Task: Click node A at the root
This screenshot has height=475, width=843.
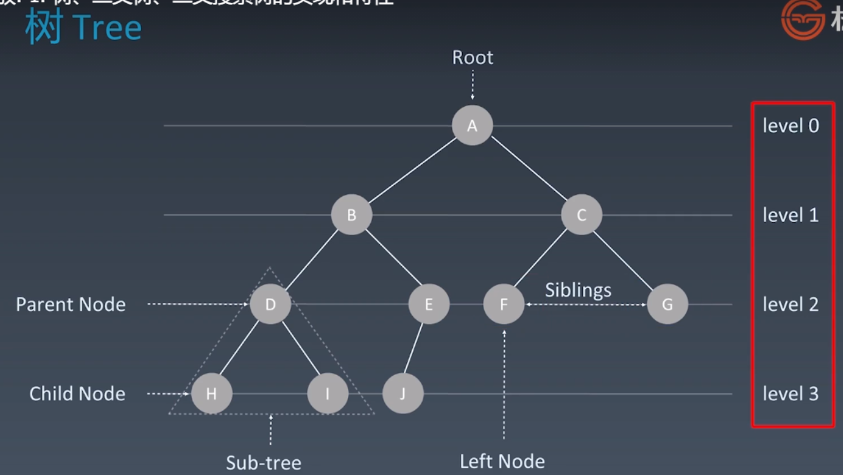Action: (472, 125)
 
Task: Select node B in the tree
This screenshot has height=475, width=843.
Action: (351, 215)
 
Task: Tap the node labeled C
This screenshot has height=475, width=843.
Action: (581, 215)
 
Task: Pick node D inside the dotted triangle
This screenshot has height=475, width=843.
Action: (270, 304)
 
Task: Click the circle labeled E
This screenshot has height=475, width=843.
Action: (428, 304)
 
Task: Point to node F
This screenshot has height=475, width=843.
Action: (504, 304)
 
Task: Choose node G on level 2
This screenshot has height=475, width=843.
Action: (667, 304)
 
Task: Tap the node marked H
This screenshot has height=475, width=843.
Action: (211, 393)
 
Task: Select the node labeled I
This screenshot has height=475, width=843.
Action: (327, 393)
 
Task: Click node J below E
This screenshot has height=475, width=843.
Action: (403, 393)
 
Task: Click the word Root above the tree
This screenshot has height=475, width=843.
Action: (472, 58)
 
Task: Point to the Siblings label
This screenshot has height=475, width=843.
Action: (578, 290)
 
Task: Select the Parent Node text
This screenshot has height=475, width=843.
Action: (71, 304)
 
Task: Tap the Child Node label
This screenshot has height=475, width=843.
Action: (77, 393)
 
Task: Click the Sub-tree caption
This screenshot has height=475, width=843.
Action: (263, 462)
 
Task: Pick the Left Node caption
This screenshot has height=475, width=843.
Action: (502, 461)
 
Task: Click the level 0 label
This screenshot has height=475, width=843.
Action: (790, 125)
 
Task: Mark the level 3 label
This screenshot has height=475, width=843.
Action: (790, 393)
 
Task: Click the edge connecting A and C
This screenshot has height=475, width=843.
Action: (528, 169)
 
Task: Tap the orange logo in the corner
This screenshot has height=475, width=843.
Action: (802, 20)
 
